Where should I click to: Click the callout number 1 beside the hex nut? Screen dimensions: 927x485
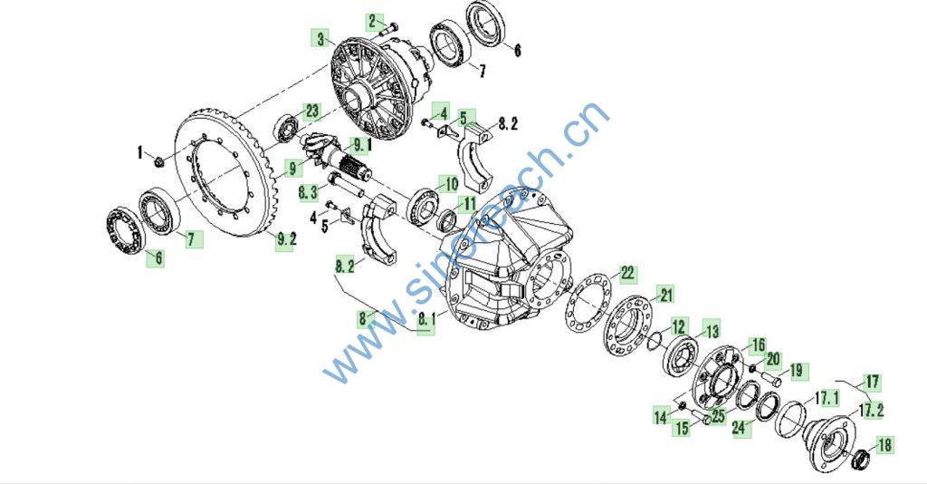(140, 153)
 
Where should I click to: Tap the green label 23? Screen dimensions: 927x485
(311, 112)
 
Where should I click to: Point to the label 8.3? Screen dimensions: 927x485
(308, 192)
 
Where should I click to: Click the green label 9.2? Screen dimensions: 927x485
(286, 240)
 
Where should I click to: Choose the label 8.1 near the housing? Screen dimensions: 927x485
(426, 319)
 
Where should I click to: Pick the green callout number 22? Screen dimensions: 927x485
(628, 273)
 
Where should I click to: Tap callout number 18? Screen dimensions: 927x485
(884, 445)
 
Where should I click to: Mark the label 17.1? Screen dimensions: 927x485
(827, 399)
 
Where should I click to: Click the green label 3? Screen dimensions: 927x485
(320, 39)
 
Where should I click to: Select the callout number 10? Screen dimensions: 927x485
(451, 184)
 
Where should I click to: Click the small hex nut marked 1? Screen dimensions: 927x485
(158, 160)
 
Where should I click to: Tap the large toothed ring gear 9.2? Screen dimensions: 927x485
(223, 171)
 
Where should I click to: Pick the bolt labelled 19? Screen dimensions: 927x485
(769, 377)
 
